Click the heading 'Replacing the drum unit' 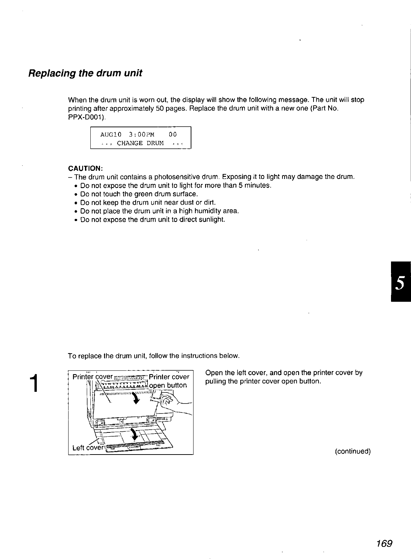(85, 73)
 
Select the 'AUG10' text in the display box (111, 134)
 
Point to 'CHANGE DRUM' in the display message (140, 143)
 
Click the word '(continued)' (352, 452)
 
